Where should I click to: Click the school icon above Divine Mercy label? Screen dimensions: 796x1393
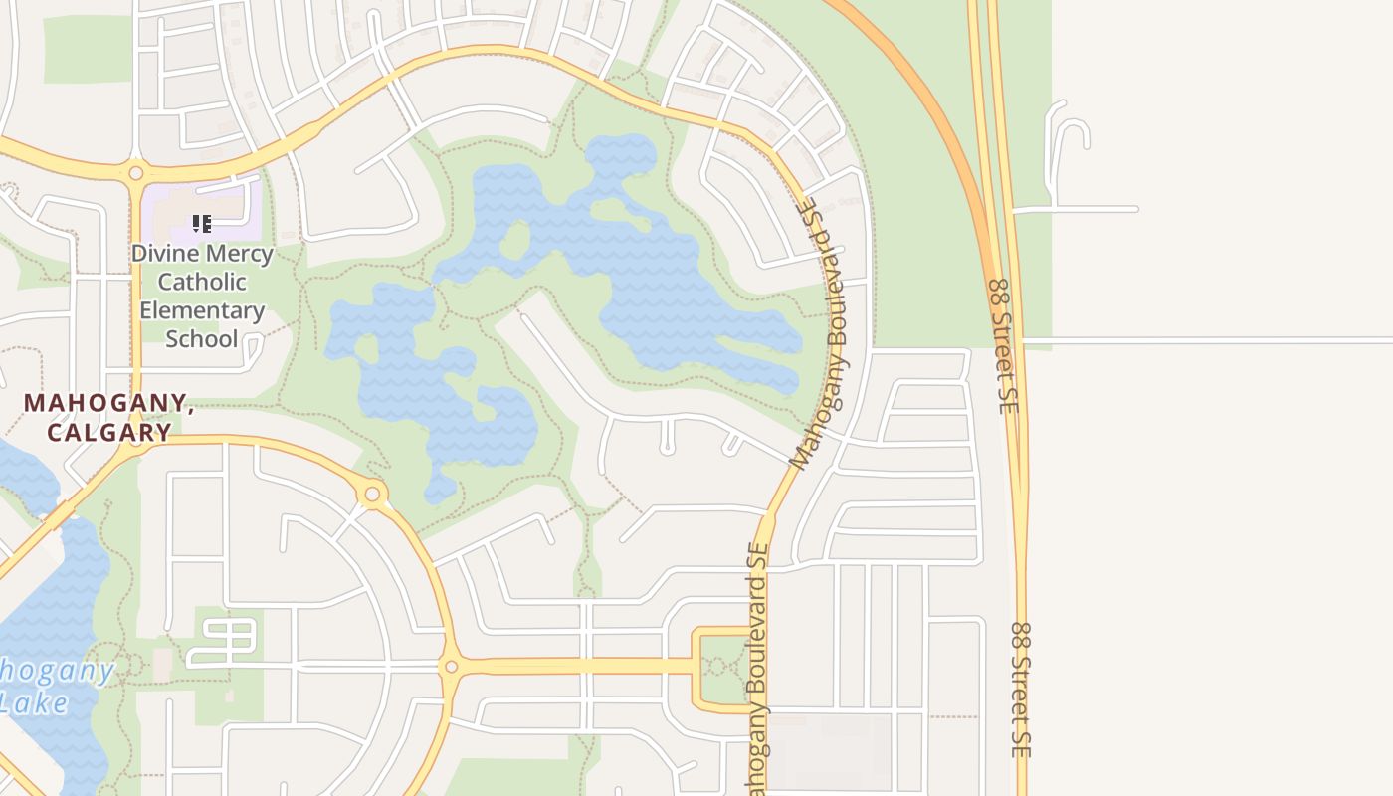[x=202, y=224]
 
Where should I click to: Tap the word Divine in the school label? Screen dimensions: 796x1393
[x=162, y=253]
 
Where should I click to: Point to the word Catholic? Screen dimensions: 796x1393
[x=202, y=282]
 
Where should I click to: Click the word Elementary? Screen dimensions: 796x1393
[x=202, y=310]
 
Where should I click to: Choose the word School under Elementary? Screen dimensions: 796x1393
[x=202, y=338]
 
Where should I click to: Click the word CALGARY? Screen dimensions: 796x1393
[x=109, y=432]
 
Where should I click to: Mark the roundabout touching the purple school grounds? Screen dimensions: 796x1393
[x=135, y=173]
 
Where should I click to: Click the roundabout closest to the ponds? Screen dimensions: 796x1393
[x=373, y=493]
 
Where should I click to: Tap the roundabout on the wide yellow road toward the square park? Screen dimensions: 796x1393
[x=451, y=666]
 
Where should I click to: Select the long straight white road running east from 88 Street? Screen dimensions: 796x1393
[x=1204, y=341]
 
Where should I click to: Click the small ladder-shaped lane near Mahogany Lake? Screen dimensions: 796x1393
[x=223, y=642]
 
